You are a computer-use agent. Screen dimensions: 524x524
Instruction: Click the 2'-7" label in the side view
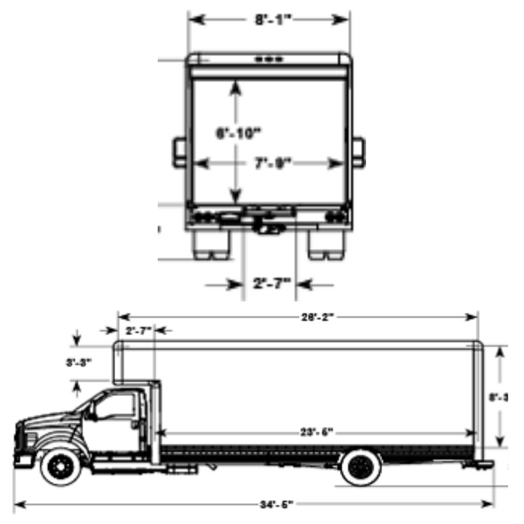tap(138, 331)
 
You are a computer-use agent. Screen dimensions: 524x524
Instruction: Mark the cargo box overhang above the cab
tap(133, 362)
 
